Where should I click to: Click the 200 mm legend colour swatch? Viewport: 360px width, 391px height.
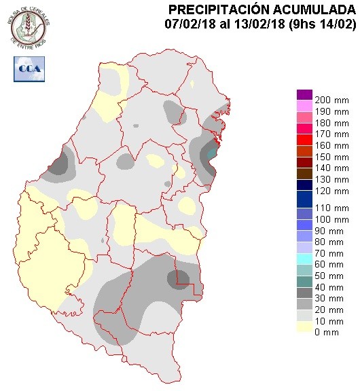pyautogui.click(x=304, y=94)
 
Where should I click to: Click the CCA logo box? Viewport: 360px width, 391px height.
pyautogui.click(x=28, y=69)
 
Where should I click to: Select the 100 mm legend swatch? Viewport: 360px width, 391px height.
pyautogui.click(x=304, y=219)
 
